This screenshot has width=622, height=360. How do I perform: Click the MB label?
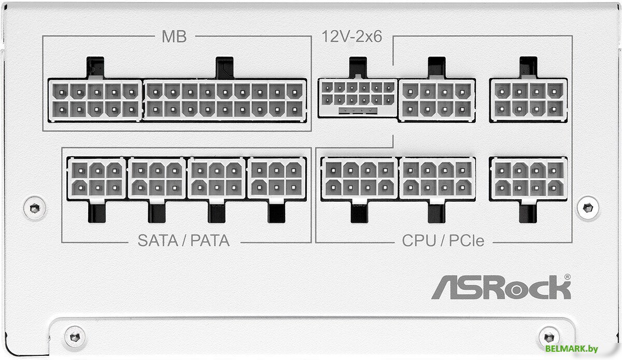pyautogui.click(x=174, y=37)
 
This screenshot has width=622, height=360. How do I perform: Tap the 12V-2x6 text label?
pyautogui.click(x=351, y=37)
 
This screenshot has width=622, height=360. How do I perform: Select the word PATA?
pyautogui.click(x=210, y=241)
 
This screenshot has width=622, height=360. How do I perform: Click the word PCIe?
pyautogui.click(x=465, y=241)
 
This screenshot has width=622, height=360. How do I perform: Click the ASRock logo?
pyautogui.click(x=501, y=287)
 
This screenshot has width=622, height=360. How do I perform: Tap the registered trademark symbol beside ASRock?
pyautogui.click(x=567, y=278)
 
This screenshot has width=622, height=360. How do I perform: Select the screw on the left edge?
pyautogui.click(x=34, y=207)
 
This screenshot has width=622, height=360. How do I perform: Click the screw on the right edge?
pyautogui.click(x=587, y=207)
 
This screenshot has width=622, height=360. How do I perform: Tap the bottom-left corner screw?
pyautogui.click(x=75, y=335)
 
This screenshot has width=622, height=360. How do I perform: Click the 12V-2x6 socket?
pyautogui.click(x=358, y=97)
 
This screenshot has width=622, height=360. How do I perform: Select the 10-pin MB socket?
pyautogui.click(x=95, y=100)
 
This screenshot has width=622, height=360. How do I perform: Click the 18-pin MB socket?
pyautogui.click(x=224, y=100)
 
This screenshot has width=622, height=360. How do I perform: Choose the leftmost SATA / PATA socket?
pyautogui.click(x=96, y=178)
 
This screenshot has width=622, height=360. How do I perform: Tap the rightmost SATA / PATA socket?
pyautogui.click(x=277, y=178)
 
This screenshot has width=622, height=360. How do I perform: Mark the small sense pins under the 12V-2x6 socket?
pyautogui.click(x=357, y=110)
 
